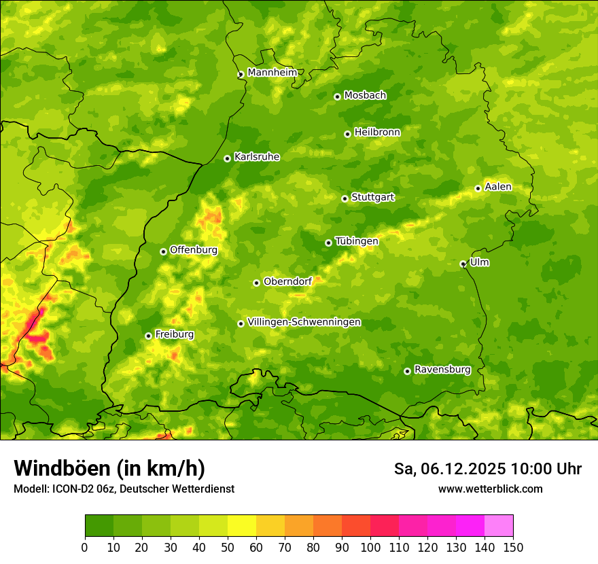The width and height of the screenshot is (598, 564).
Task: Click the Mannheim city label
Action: [x=272, y=73]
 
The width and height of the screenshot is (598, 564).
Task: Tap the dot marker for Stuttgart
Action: [x=345, y=198]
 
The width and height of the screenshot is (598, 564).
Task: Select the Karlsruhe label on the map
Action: [x=257, y=157]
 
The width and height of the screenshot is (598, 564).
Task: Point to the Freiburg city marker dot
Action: [x=148, y=336]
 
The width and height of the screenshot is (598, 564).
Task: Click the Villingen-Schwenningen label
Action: [x=304, y=322]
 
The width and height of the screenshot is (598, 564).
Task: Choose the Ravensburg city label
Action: [x=442, y=370]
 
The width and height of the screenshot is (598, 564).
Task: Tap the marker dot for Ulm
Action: [x=463, y=264]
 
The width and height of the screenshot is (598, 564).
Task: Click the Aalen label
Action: [x=498, y=187]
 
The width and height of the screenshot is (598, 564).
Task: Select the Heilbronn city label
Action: [x=377, y=133]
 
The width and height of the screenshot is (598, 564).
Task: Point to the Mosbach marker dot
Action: [x=337, y=96]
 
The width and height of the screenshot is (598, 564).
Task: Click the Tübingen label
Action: [x=357, y=241]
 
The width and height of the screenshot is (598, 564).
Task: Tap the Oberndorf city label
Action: [x=287, y=281]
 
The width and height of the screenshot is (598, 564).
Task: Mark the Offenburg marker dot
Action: [x=163, y=251]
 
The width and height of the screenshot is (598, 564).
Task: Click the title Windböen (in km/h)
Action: [x=109, y=468]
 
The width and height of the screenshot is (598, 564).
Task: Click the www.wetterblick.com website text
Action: [x=490, y=489]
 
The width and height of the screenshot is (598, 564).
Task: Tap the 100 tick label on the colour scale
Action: [x=370, y=547]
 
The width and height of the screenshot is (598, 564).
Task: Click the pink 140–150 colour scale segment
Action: [x=499, y=525]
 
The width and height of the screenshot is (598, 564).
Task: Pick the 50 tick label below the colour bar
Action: [x=228, y=547]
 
